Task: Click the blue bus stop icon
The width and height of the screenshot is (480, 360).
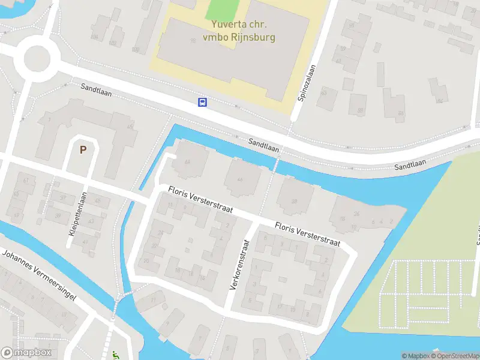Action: click(203, 102)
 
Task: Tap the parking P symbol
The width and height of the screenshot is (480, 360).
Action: click(83, 149)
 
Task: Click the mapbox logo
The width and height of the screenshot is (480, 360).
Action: click(26, 353)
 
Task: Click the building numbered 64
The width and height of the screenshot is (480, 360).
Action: click(187, 161)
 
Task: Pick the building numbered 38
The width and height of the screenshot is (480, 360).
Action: click(294, 201)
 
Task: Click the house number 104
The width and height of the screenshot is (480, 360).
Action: click(94, 37)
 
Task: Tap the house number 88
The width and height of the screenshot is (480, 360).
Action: click(360, 110)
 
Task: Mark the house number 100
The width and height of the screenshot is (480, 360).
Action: click(135, 49)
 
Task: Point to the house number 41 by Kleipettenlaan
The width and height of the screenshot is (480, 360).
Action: click(85, 242)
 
